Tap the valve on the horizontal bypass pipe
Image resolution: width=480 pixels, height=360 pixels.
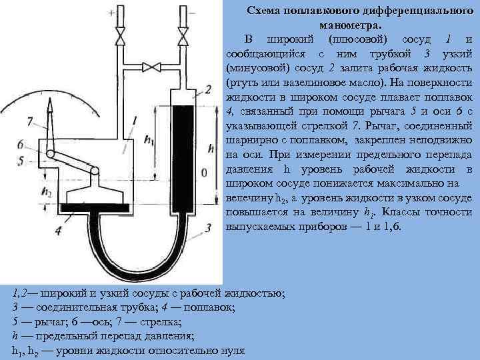(153, 66)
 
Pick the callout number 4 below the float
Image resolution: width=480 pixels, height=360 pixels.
(59, 231)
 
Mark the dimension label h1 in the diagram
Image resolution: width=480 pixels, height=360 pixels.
(149, 141)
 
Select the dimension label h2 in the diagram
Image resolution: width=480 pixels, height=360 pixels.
(46, 190)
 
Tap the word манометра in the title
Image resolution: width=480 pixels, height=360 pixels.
(346, 24)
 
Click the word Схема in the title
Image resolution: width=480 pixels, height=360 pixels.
(263, 11)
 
